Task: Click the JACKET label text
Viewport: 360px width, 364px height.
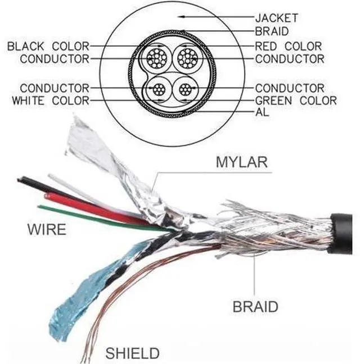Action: [x=277, y=18]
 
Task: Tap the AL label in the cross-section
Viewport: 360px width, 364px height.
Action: [x=262, y=112]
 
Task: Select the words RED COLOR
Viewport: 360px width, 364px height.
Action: [x=289, y=46]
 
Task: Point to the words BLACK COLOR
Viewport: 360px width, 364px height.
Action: [x=48, y=46]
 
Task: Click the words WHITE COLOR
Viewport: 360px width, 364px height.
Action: [x=51, y=101]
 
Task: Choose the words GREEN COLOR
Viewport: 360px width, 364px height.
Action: [x=296, y=101]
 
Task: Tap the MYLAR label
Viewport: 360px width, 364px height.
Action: [x=242, y=162]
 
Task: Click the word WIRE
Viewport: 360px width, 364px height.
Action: [x=47, y=229]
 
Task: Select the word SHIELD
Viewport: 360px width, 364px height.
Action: [x=133, y=353]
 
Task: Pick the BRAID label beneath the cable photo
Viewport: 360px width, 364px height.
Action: [x=255, y=307]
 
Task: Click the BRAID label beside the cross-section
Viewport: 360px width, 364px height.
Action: [x=272, y=31]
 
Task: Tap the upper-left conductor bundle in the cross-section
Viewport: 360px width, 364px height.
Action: [x=156, y=58]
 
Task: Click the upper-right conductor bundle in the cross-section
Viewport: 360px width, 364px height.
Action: [x=187, y=58]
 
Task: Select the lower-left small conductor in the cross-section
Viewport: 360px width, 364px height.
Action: [x=159, y=89]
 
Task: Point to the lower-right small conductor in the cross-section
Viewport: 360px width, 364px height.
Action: [x=186, y=89]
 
